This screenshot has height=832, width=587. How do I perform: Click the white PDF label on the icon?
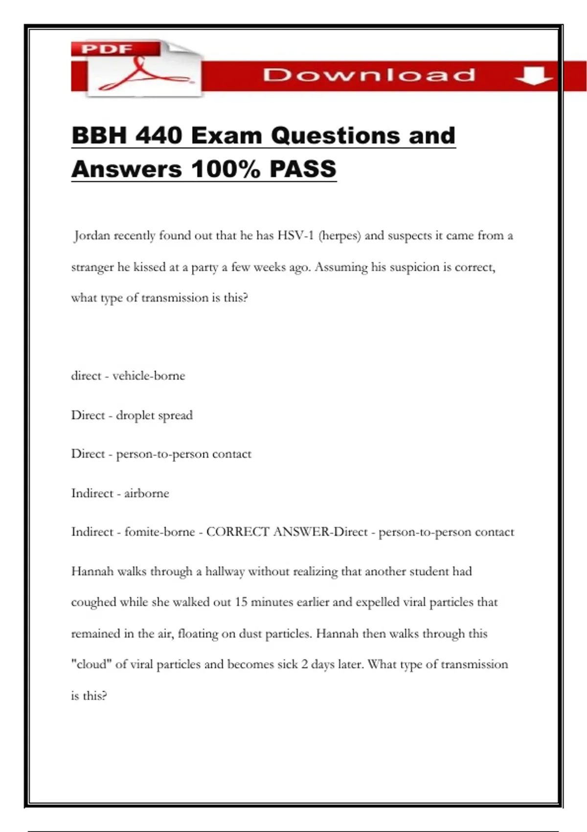pyautogui.click(x=107, y=49)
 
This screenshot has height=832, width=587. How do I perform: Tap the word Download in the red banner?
pyautogui.click(x=369, y=75)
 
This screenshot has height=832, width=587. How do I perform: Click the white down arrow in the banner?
pyautogui.click(x=534, y=76)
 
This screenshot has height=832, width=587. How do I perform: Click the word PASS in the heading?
pyautogui.click(x=303, y=169)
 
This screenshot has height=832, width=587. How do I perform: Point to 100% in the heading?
pyautogui.click(x=226, y=169)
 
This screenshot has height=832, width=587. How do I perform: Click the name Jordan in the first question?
pyautogui.click(x=92, y=236)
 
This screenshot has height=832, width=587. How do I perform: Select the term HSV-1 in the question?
pyautogui.click(x=295, y=236)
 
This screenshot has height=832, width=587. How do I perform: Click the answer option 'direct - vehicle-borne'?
pyautogui.click(x=128, y=376)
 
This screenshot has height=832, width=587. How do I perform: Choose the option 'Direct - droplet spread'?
pyautogui.click(x=132, y=415)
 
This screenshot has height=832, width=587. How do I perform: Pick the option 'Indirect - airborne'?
pyautogui.click(x=120, y=493)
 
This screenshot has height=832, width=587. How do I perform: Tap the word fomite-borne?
pyautogui.click(x=159, y=532)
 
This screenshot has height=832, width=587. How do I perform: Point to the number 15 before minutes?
pyautogui.click(x=241, y=602)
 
